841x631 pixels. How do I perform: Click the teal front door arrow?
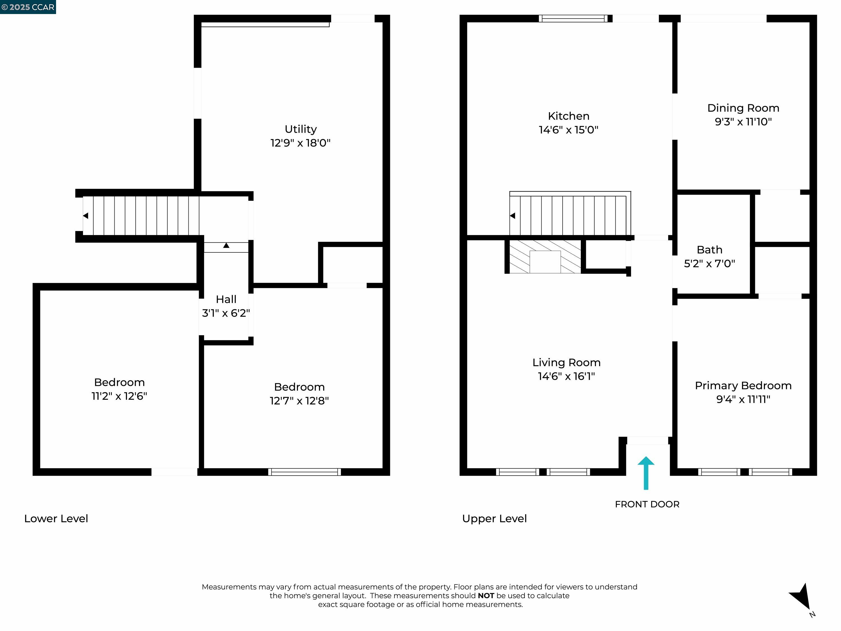(x=646, y=473)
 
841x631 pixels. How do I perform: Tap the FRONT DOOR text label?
(x=647, y=504)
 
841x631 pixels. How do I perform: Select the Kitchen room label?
(x=569, y=116)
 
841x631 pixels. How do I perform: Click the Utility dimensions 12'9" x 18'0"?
(x=300, y=143)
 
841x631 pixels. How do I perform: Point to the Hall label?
(x=226, y=299)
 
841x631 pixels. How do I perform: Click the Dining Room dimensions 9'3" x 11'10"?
(x=743, y=122)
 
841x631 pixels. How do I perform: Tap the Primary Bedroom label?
(x=743, y=386)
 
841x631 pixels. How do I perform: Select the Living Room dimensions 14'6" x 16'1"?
(x=566, y=376)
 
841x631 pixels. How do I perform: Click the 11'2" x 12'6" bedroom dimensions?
(x=119, y=396)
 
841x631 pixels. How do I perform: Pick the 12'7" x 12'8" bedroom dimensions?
(x=299, y=400)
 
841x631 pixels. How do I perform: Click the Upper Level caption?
(x=494, y=519)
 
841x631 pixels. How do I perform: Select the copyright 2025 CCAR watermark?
(x=28, y=7)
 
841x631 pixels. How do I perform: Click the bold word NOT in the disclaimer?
(x=486, y=596)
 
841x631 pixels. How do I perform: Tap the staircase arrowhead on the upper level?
(x=512, y=216)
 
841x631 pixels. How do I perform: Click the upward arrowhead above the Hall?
(x=226, y=246)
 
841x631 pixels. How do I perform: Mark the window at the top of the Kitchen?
(x=573, y=18)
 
